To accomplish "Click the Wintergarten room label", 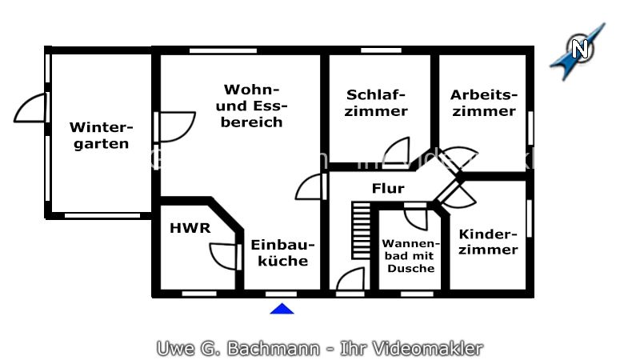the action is (100, 135).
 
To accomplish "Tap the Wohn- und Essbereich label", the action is (253, 106).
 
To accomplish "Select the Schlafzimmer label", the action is (376, 103).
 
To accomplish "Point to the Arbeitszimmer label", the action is (484, 102).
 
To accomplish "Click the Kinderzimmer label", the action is (488, 242).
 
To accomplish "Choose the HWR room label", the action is (190, 228).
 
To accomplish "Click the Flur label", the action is (388, 189).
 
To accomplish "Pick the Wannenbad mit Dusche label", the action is (411, 255).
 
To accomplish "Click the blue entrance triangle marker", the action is (282, 308).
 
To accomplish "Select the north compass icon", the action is (579, 50).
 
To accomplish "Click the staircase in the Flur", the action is (362, 230).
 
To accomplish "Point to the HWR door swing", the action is (225, 255).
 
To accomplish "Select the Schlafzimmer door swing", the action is (396, 151).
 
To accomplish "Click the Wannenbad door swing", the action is (416, 218).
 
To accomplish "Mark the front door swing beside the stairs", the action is (349, 280).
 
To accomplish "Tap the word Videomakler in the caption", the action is (437, 349).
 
